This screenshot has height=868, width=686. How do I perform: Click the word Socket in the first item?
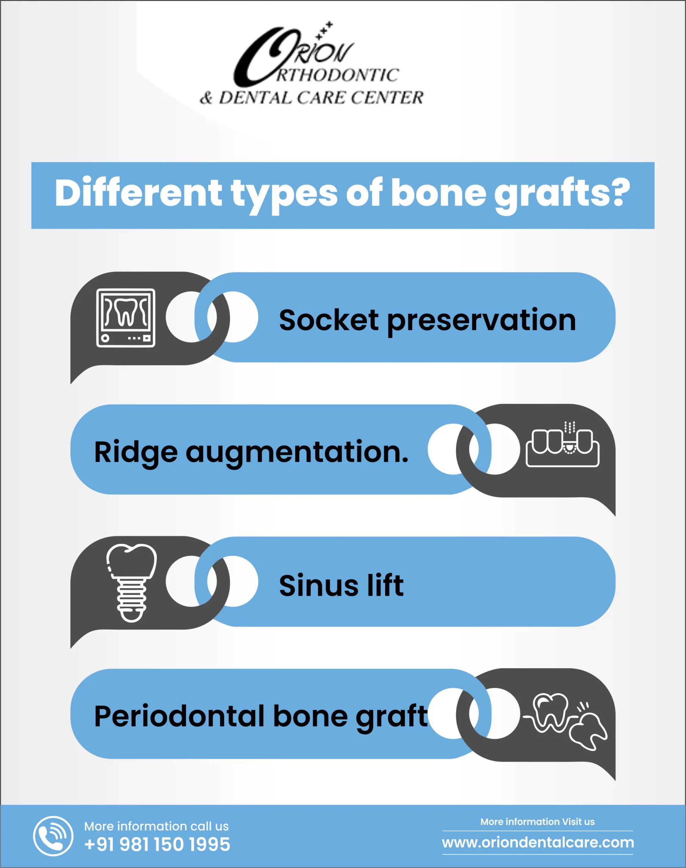click(329, 320)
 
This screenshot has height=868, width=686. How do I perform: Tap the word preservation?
click(481, 322)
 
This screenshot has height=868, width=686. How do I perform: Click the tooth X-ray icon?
click(125, 318)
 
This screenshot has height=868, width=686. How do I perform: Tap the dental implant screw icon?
click(131, 583)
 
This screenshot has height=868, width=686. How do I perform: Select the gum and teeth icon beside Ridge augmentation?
click(563, 444)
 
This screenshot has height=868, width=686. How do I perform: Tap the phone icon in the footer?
click(53, 836)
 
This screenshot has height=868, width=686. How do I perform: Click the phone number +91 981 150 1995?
click(157, 844)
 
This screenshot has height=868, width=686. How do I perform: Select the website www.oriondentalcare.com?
click(538, 842)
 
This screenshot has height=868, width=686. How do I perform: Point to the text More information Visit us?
click(537, 822)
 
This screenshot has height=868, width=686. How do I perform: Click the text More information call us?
click(156, 826)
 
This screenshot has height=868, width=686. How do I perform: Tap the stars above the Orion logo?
click(324, 30)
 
